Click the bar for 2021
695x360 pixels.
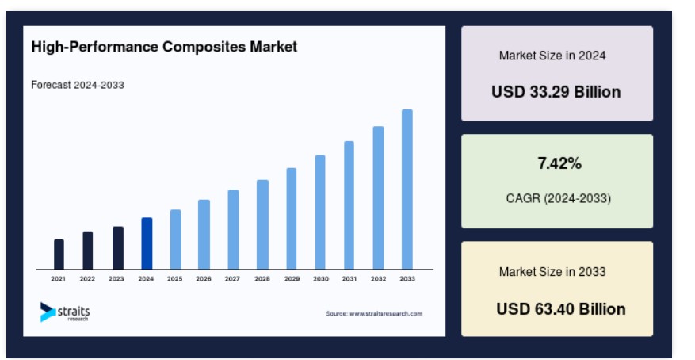click(59, 255)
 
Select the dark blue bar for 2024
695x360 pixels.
click(147, 243)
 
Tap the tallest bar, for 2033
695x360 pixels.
click(407, 190)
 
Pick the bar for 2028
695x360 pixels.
click(262, 224)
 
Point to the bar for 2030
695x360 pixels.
click(320, 213)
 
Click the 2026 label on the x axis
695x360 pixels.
click(204, 279)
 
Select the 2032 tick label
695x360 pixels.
click(378, 279)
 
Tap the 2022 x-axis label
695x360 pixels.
click(87, 279)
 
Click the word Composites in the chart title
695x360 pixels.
click(204, 47)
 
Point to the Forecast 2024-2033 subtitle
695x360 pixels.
click(78, 85)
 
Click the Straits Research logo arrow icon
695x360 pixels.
click(47, 312)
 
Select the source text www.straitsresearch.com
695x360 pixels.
click(386, 313)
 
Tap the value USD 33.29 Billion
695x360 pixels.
click(556, 92)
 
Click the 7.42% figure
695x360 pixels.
click(559, 163)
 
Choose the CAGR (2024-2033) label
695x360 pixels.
click(559, 198)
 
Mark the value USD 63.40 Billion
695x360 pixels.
click(561, 309)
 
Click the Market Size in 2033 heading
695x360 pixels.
click(552, 272)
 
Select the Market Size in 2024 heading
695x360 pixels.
click(552, 56)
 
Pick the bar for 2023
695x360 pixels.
click(118, 248)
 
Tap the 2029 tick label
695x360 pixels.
click(292, 279)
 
